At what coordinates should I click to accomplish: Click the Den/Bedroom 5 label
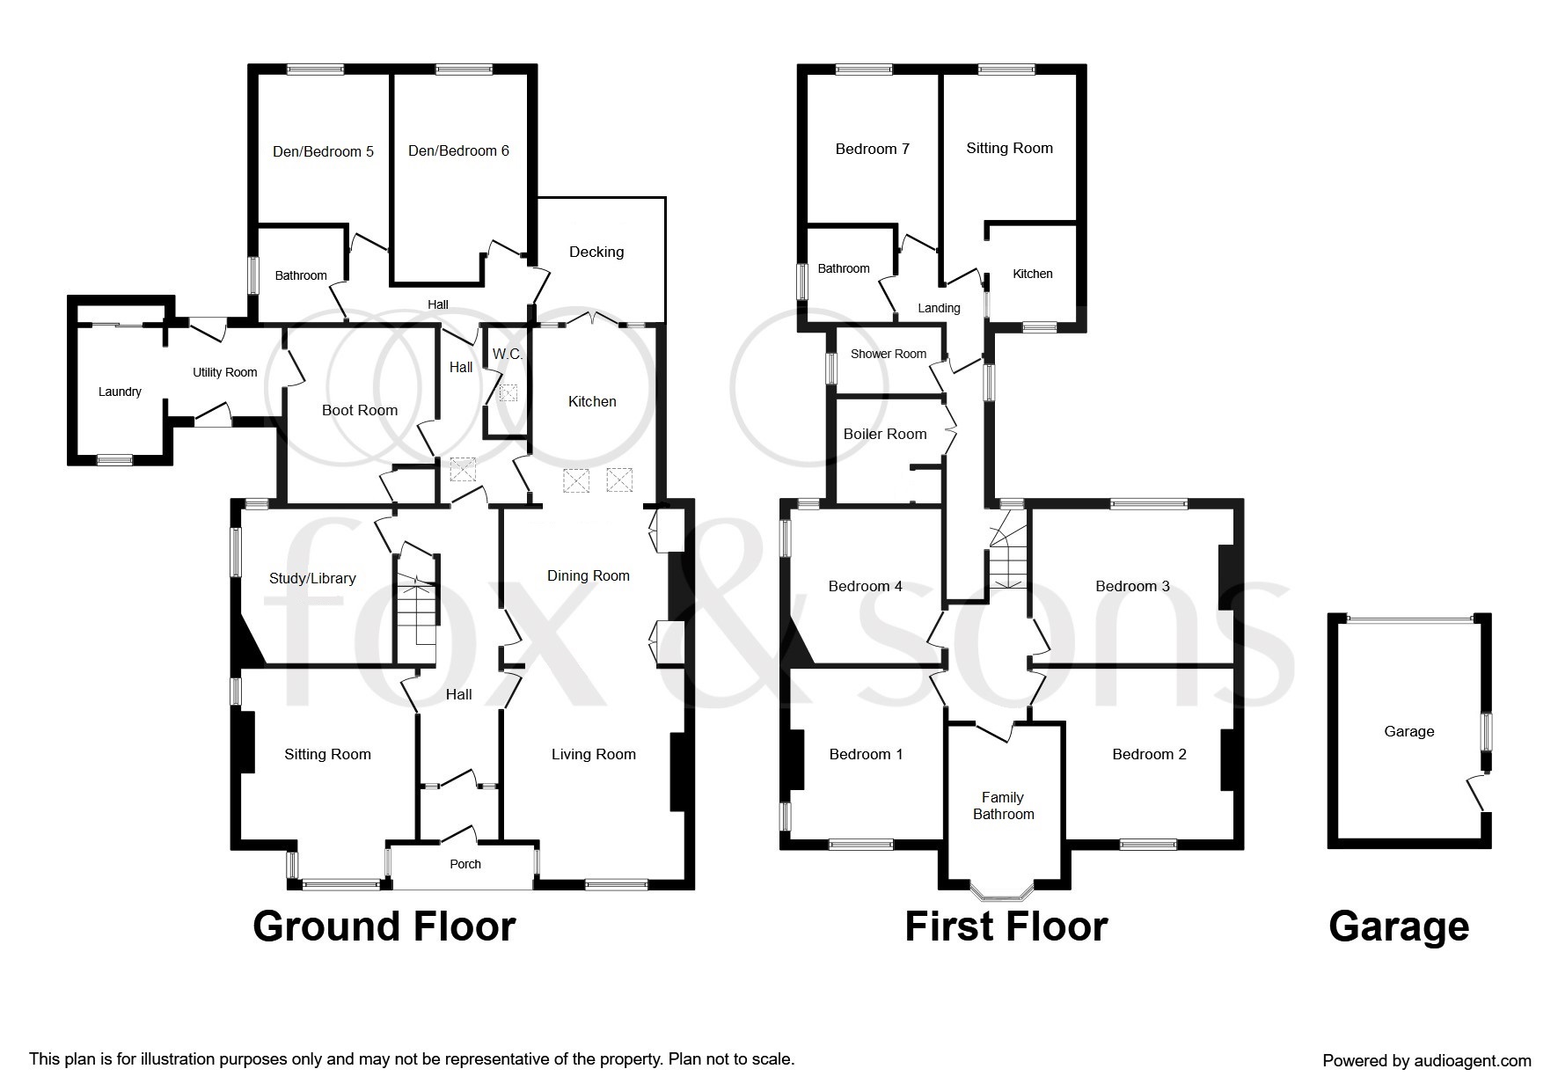(x=323, y=151)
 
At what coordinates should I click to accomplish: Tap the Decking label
(x=596, y=252)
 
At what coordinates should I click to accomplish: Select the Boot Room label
(x=359, y=410)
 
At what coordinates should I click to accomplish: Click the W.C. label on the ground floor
(x=508, y=354)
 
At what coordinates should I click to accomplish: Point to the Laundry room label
(x=120, y=392)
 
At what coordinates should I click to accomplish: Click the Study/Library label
(x=312, y=578)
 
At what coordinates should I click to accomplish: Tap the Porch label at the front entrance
(x=465, y=864)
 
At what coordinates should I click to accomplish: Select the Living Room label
(x=593, y=754)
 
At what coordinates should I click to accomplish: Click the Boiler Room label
(x=884, y=434)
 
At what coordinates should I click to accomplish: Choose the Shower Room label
(x=888, y=354)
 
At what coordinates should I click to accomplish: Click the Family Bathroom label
(x=1003, y=805)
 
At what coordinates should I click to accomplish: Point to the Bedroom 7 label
(x=872, y=149)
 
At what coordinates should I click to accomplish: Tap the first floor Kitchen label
(x=1032, y=274)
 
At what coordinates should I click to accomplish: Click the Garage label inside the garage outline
(x=1408, y=731)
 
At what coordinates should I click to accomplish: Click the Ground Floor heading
(x=384, y=927)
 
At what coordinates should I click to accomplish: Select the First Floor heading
(x=1006, y=927)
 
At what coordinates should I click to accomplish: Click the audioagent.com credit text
(x=1426, y=1060)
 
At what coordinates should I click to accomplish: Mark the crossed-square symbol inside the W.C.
(x=508, y=392)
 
